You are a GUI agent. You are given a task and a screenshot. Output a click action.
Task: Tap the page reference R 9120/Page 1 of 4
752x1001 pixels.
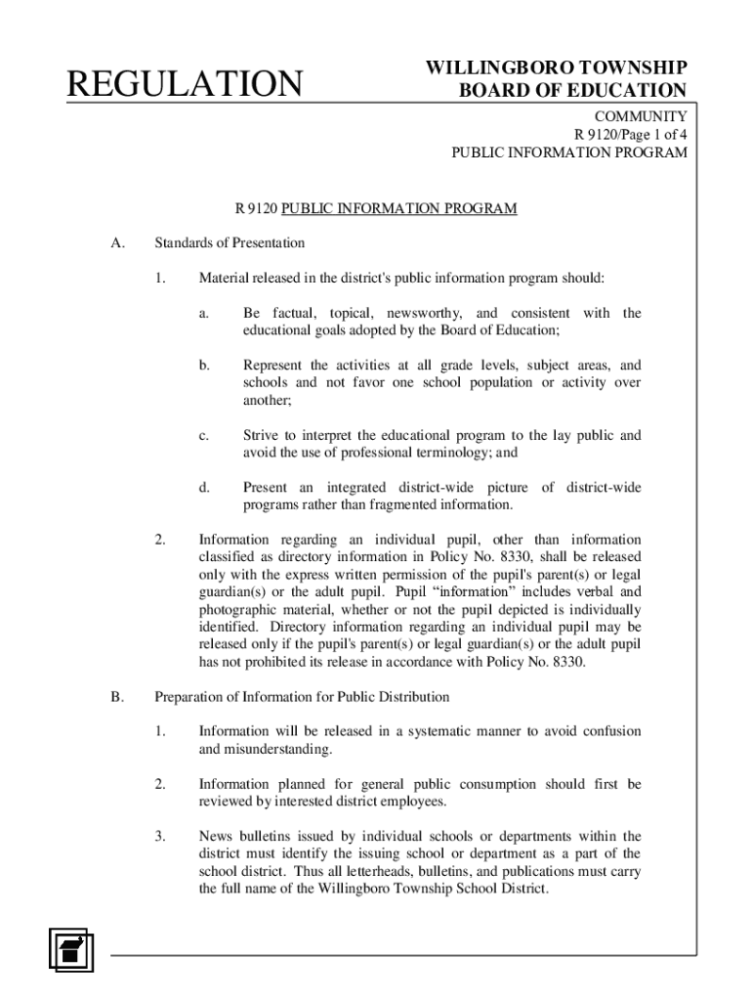(630, 135)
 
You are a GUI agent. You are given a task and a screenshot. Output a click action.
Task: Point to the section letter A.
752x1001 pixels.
(117, 242)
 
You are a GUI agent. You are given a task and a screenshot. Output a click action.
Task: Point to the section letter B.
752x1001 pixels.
(117, 697)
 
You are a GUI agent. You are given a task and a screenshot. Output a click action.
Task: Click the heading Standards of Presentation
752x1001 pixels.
(230, 242)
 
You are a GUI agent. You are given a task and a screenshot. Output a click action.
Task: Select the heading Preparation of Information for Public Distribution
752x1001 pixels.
(302, 697)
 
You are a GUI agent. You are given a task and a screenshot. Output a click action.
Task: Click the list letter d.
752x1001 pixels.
(204, 487)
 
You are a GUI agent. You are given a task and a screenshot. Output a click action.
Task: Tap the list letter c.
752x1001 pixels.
(204, 435)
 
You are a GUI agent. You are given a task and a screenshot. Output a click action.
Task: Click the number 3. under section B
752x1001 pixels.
(160, 836)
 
